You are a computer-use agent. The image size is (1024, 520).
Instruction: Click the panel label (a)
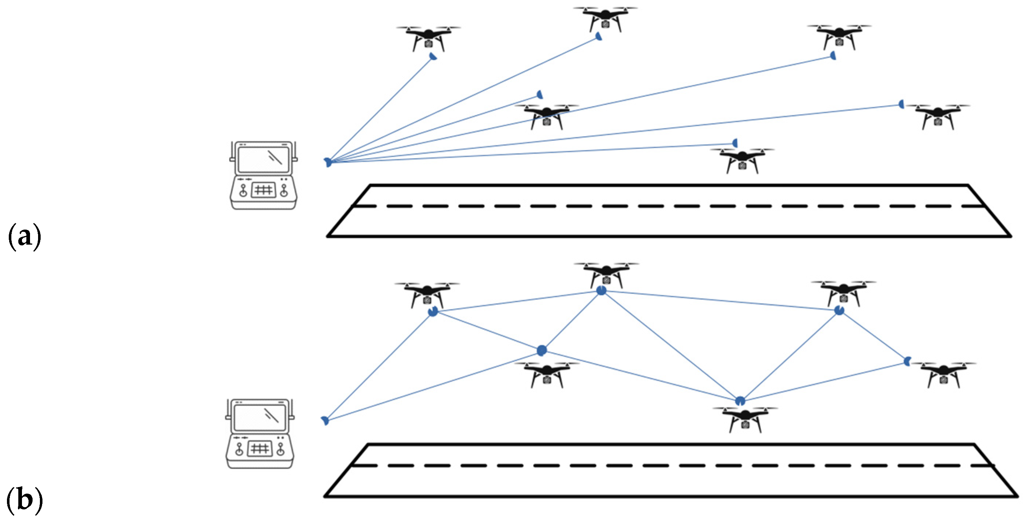tap(24, 237)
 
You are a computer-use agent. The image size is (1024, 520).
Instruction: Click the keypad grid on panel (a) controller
tap(263, 190)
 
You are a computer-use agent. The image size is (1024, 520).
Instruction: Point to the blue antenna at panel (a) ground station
tap(328, 162)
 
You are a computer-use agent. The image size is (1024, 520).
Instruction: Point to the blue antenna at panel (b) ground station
tap(325, 420)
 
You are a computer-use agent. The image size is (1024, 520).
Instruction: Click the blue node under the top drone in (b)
tap(602, 291)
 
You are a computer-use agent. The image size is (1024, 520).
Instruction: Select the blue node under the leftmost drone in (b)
tap(433, 312)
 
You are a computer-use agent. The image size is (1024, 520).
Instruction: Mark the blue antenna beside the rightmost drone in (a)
tap(902, 104)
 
